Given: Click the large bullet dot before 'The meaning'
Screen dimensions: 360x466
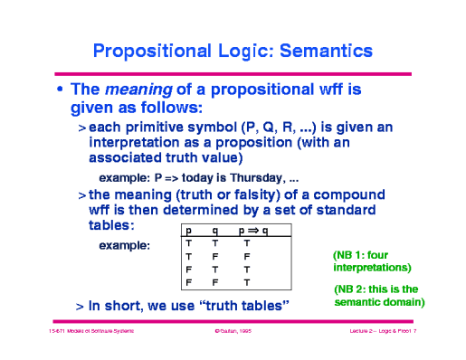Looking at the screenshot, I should click(x=61, y=90).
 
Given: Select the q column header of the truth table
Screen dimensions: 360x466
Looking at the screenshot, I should click(x=215, y=232).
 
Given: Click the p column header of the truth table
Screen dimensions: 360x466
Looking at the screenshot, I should click(x=188, y=232).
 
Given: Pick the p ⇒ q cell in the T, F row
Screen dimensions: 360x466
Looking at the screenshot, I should click(x=246, y=257).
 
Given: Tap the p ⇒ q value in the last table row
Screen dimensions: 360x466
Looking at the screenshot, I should click(x=246, y=282).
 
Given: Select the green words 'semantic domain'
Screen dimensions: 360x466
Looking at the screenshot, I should click(x=376, y=301).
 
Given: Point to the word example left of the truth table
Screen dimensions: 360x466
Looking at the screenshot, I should click(x=124, y=245).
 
